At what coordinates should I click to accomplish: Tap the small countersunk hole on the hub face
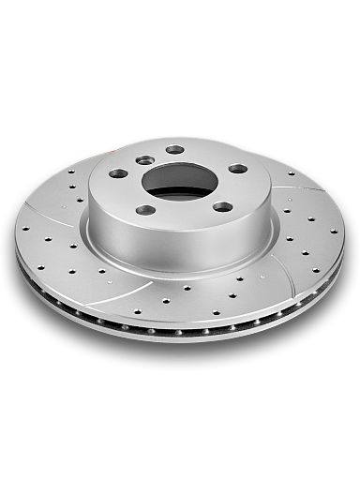[145, 160]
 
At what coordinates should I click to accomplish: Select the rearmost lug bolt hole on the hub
[174, 149]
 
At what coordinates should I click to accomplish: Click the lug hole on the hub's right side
[238, 169]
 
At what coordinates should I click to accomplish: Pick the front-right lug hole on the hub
[222, 206]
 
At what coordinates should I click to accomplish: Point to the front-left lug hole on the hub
[146, 209]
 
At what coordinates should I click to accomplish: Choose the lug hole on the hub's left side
[118, 173]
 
